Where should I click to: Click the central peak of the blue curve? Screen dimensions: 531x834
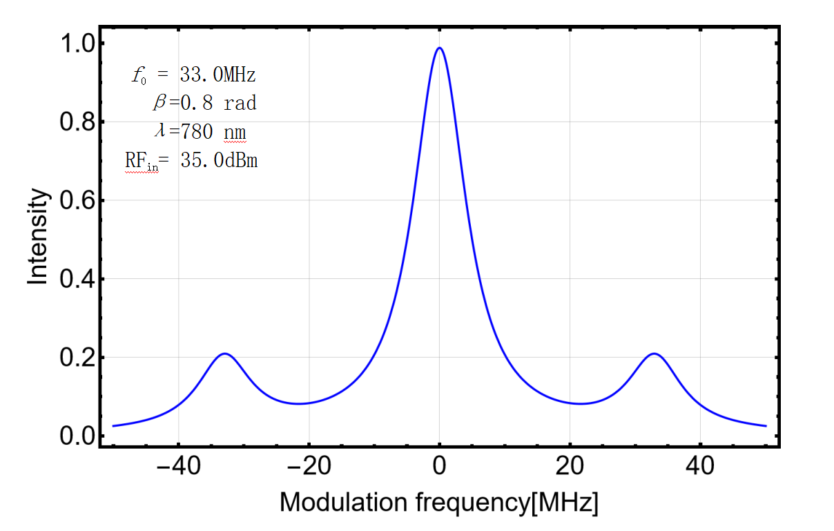click(x=439, y=48)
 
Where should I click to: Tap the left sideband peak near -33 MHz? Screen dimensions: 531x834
click(x=224, y=354)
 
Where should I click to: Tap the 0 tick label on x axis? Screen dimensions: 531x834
click(x=439, y=467)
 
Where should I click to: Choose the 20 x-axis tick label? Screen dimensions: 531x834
click(x=570, y=467)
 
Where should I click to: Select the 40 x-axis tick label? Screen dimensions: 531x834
click(x=700, y=467)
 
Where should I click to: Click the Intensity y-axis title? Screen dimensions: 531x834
click(x=39, y=238)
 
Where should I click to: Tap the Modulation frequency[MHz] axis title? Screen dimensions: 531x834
click(x=438, y=502)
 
